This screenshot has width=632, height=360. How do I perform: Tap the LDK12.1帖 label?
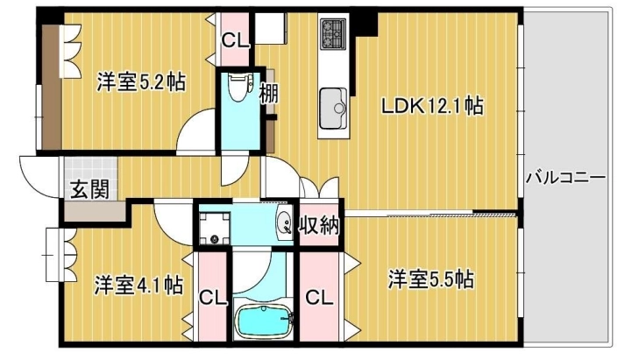pyautogui.click(x=432, y=106)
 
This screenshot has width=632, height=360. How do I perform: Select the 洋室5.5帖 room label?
pyautogui.click(x=431, y=279)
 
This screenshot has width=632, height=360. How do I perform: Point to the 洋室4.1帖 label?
pyautogui.click(x=138, y=285)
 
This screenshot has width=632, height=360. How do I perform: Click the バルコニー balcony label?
pyautogui.click(x=565, y=177)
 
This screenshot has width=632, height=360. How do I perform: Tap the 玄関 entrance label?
pyautogui.click(x=90, y=189)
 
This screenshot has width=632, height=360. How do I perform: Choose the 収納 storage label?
pyautogui.click(x=319, y=226)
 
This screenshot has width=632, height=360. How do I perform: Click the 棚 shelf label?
pyautogui.click(x=268, y=94)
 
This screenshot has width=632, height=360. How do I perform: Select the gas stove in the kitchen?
pyautogui.click(x=333, y=33)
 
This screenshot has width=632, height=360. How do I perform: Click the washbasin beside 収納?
pyautogui.click(x=285, y=222)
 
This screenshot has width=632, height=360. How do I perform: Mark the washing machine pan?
pyautogui.click(x=215, y=228)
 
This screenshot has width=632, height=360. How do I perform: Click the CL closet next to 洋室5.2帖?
pyautogui.click(x=236, y=39)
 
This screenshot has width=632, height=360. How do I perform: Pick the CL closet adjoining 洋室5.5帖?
pyautogui.click(x=319, y=298)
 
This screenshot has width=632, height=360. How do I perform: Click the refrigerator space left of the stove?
pyautogui.click(x=271, y=28)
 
